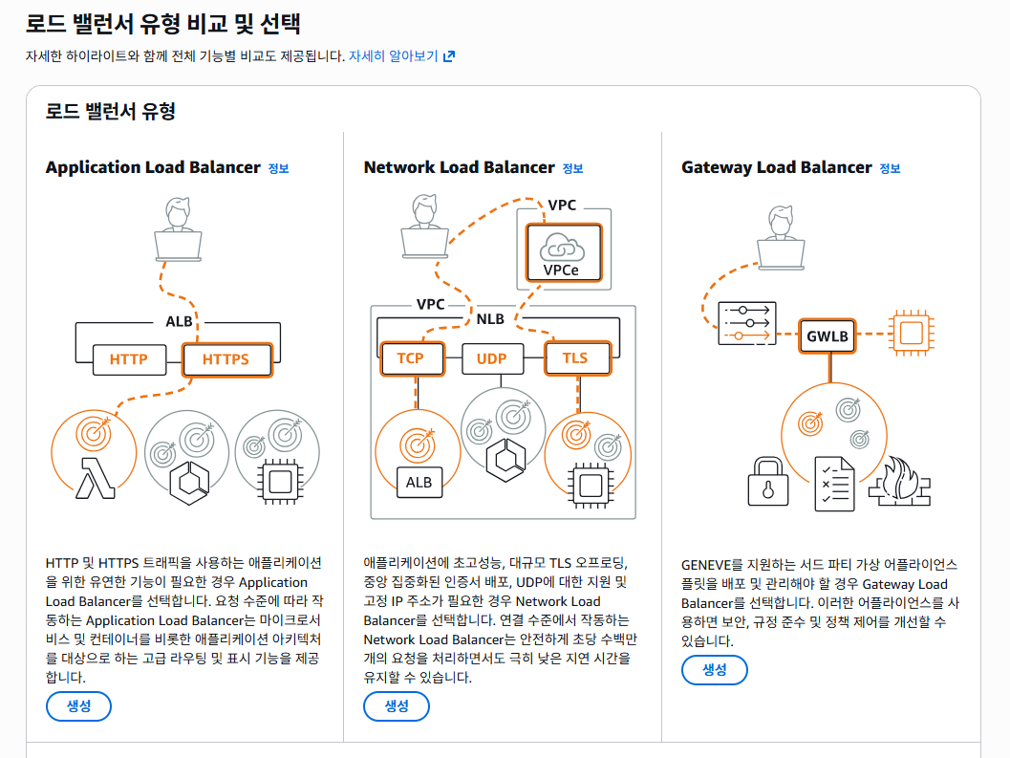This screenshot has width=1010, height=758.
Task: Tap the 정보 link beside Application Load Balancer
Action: pos(278,169)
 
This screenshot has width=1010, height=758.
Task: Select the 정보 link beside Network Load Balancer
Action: pos(572,169)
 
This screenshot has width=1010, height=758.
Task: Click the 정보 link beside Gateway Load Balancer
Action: pos(890,169)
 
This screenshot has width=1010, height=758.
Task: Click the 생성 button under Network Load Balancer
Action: pos(397,706)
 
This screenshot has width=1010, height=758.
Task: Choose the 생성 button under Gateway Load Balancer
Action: pos(715,670)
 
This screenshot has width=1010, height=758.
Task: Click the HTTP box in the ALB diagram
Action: pos(129,360)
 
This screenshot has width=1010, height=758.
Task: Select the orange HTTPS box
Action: pos(226,360)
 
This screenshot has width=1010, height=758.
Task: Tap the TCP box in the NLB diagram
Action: pos(410,358)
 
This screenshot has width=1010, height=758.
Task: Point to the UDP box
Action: pos(491,359)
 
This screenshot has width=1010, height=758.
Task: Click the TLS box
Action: pos(575,358)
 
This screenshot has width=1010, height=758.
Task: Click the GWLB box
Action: pos(827,336)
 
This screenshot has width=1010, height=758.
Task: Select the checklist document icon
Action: pos(833,483)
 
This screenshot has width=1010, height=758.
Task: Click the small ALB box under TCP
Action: pos(419,483)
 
